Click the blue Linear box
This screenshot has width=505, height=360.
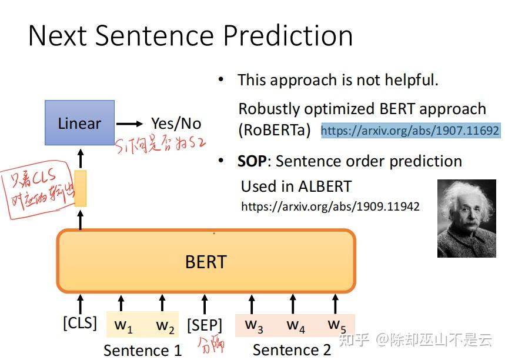79,123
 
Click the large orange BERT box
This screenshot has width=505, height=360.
206,261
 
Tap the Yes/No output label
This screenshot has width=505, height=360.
176,124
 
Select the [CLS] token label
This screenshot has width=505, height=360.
80,323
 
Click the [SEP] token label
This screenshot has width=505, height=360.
205,325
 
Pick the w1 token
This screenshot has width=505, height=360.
123,325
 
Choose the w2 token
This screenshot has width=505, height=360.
165,325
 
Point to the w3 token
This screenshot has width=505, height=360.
253,325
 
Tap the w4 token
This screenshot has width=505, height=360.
295,325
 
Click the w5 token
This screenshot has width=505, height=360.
336,325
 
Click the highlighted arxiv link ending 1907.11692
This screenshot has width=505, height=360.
410,131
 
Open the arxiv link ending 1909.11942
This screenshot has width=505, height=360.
330,207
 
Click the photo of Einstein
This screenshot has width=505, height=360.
467,218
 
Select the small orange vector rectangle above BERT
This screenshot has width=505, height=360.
81,188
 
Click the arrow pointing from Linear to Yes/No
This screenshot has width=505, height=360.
129,124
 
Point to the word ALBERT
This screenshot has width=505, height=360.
325,186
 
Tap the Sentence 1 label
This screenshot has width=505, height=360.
142,351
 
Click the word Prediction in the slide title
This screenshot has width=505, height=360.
287,35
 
